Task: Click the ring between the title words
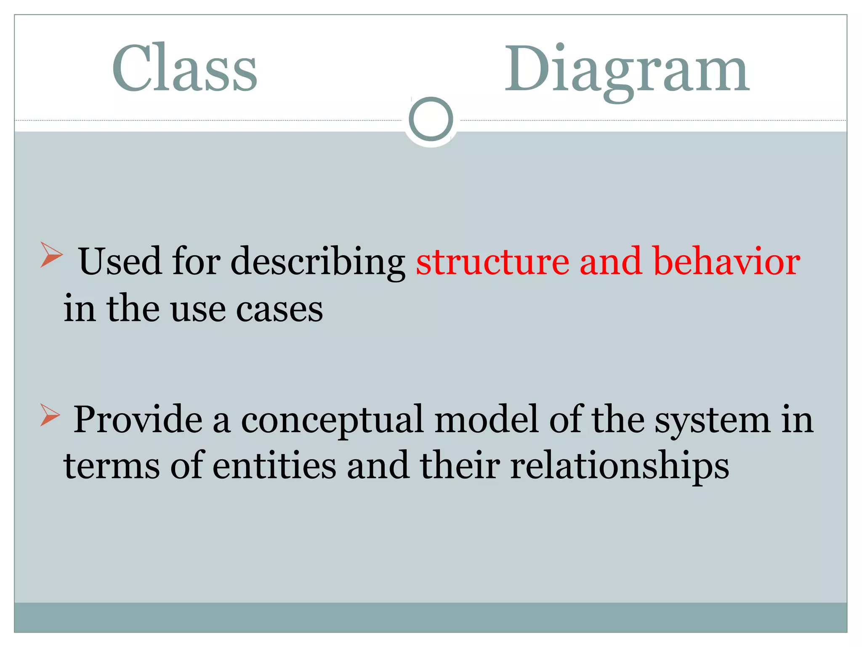coord(431,119)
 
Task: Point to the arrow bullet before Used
coord(51,255)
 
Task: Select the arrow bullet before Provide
coord(50,414)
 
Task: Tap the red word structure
coord(492,262)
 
